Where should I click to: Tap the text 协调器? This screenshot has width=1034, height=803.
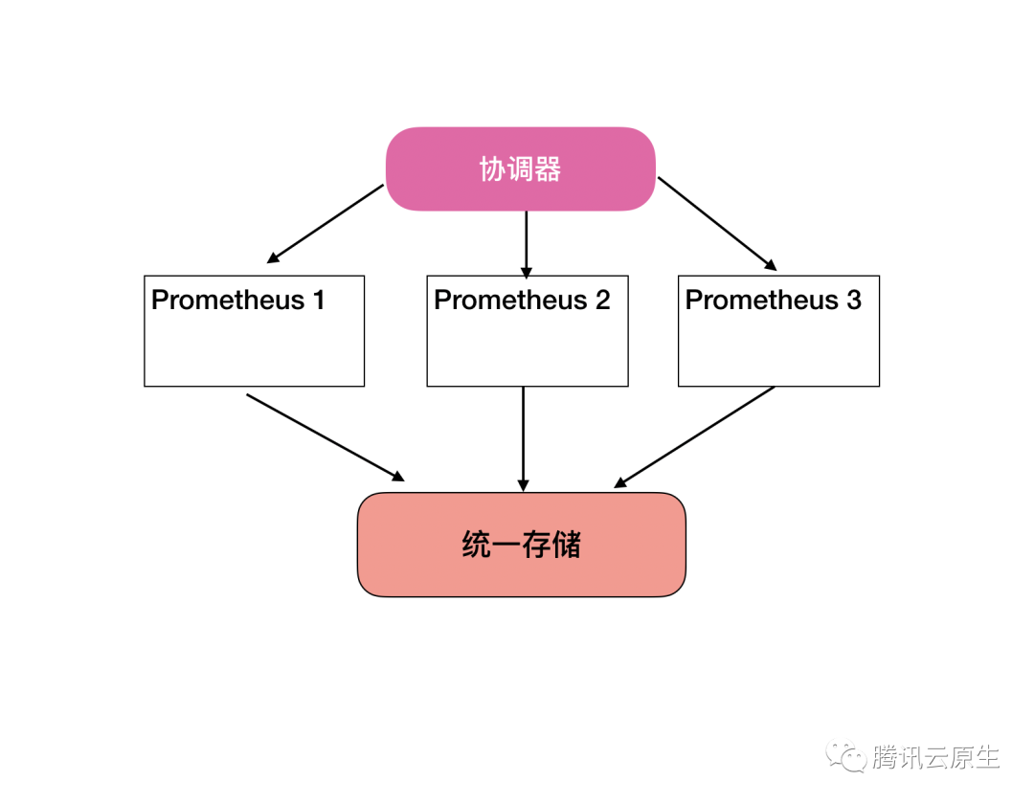(x=520, y=169)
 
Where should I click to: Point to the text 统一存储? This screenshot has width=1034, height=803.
(x=521, y=546)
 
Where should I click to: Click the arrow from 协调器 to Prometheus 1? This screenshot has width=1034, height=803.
(x=326, y=223)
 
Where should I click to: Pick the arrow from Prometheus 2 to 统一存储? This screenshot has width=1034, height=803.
(x=523, y=438)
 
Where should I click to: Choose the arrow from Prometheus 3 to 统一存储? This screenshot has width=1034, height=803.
(x=694, y=436)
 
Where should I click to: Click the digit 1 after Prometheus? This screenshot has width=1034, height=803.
(x=318, y=301)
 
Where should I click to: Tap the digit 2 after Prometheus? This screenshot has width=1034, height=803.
(x=601, y=301)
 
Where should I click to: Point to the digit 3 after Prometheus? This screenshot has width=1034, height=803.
(x=853, y=301)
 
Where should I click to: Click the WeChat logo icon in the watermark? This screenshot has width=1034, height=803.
(x=848, y=756)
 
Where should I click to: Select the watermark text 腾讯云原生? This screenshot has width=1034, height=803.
(x=935, y=757)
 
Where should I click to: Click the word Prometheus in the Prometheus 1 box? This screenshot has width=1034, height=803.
(x=228, y=301)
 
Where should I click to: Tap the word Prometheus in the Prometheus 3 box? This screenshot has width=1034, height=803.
(x=761, y=301)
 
